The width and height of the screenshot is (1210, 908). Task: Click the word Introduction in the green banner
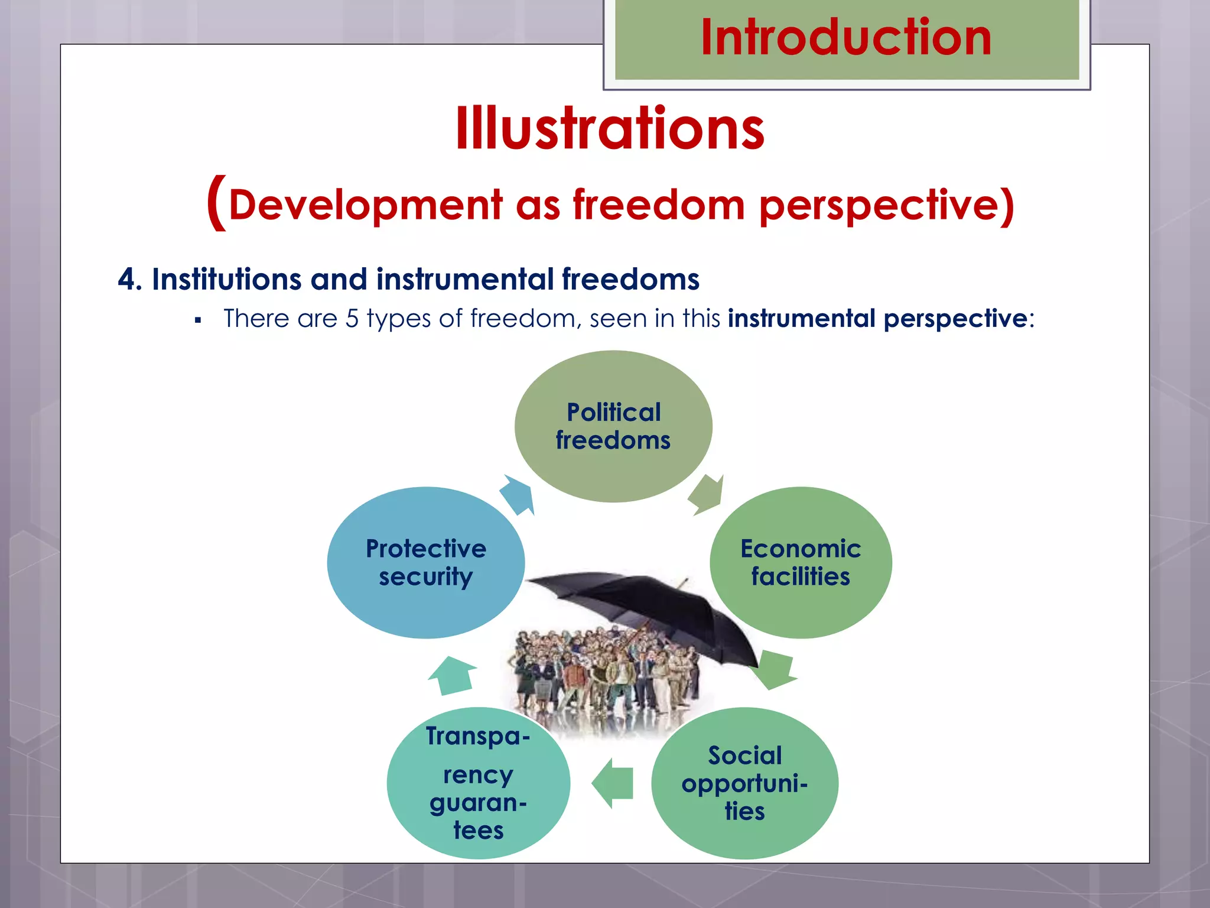(846, 37)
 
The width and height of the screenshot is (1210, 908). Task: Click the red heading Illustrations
(610, 129)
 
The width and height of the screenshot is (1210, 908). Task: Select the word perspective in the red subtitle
(886, 205)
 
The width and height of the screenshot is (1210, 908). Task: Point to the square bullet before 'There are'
(198, 320)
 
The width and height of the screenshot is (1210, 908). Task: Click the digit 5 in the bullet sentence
(352, 319)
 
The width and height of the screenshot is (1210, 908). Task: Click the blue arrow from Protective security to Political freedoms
(518, 494)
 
